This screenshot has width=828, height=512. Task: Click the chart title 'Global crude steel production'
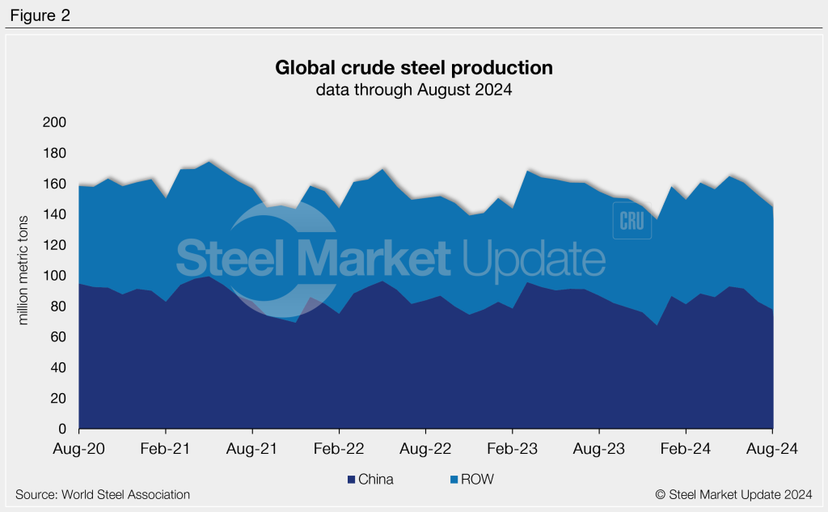414,68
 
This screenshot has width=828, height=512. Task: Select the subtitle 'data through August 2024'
414,91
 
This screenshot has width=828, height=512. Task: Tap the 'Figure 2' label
40,15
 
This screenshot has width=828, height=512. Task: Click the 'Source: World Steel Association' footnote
103,494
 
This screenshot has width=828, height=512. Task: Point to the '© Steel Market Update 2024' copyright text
733,494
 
